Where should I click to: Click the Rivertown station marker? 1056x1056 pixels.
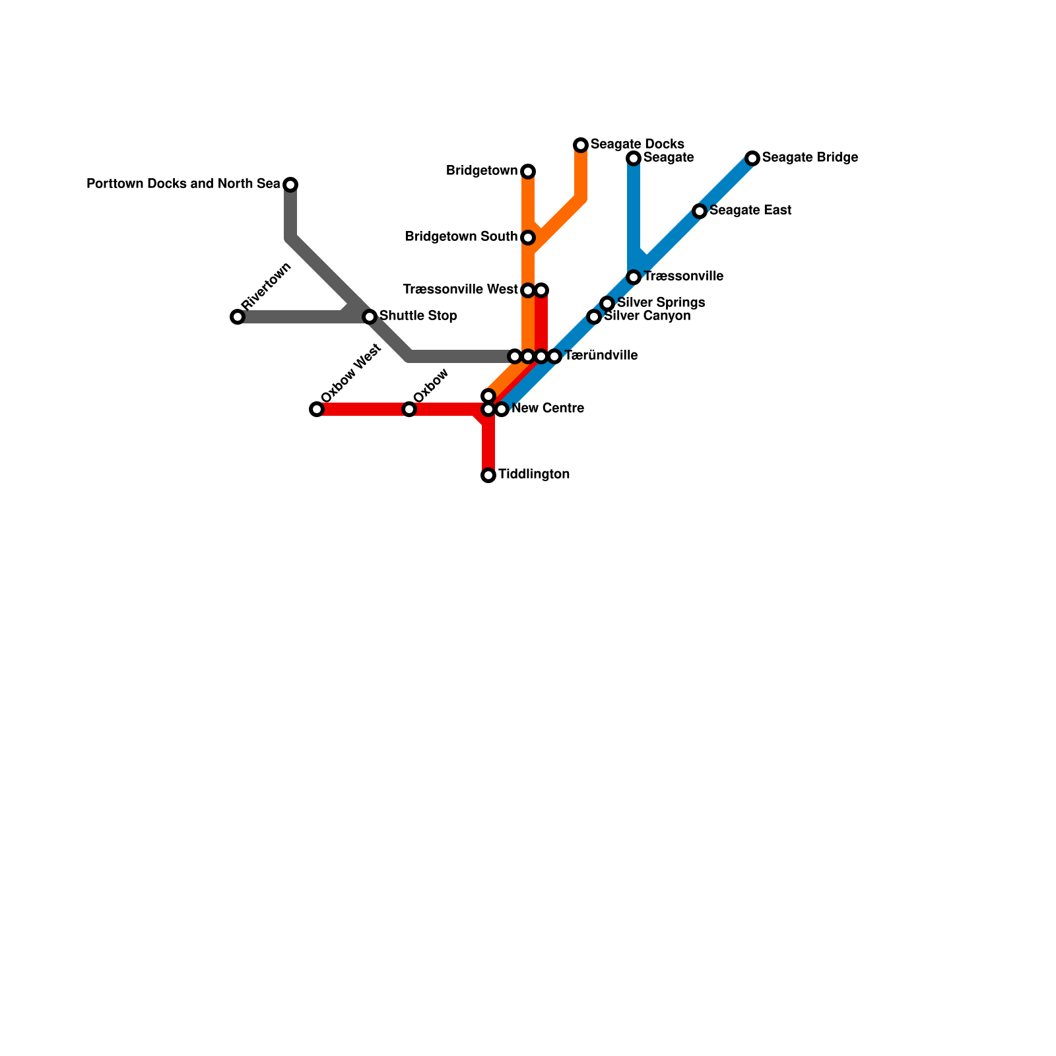point(238,317)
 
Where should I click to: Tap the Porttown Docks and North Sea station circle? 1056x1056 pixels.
point(290,185)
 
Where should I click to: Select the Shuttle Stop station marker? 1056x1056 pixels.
point(370,317)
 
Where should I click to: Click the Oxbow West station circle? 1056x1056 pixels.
point(317,409)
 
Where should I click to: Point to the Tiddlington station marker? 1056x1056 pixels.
point(488,475)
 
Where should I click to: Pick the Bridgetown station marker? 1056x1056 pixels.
point(528,172)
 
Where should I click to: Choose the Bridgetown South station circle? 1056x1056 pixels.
point(528,238)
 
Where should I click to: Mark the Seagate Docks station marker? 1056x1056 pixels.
point(581,145)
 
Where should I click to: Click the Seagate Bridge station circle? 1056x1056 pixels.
point(752,158)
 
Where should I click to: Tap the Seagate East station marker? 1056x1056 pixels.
point(700,211)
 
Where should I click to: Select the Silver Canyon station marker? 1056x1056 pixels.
point(594,317)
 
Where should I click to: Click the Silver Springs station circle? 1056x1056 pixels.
point(607,304)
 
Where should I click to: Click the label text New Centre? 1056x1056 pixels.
point(547,409)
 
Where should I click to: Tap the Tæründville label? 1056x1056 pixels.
point(601,356)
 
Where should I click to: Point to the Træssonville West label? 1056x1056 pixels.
point(460,290)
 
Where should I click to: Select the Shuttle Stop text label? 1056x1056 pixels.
point(418,316)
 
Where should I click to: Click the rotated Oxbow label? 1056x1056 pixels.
point(432,385)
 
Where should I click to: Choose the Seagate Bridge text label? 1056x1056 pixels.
point(809,158)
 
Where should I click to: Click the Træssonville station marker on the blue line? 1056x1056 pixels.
point(634,277)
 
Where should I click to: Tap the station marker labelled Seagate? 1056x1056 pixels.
point(634,158)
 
